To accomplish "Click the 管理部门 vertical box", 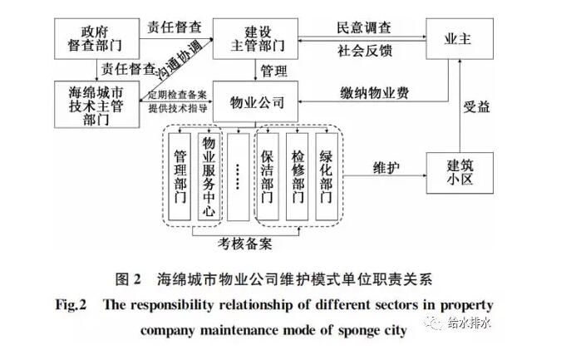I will pyautogui.click(x=181, y=175).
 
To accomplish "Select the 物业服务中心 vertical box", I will pyautogui.click(x=209, y=175).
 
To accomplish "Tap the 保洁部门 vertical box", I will pyautogui.click(x=268, y=175).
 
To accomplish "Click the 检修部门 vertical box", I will pyautogui.click(x=297, y=175).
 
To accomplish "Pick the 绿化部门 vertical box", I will pyautogui.click(x=326, y=175).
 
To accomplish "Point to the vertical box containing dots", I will pyautogui.click(x=238, y=175).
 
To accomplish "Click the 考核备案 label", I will pyautogui.click(x=247, y=244).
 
